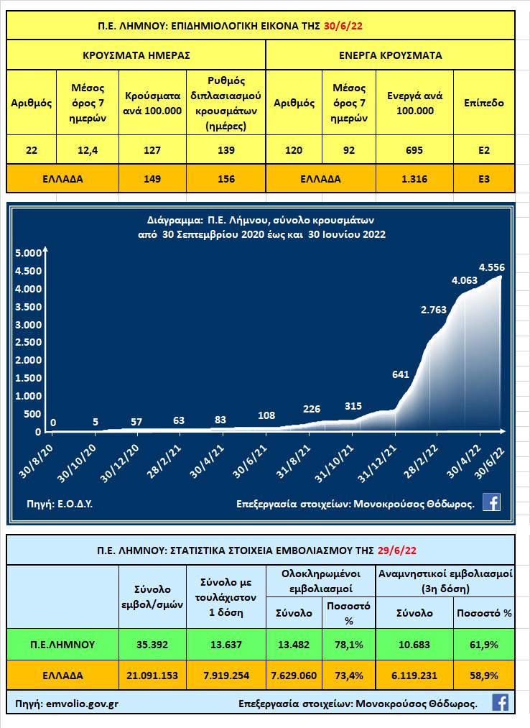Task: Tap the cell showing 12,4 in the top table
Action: [x=88, y=150]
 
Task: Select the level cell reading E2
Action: [x=484, y=150]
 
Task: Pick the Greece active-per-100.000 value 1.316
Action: [x=414, y=179]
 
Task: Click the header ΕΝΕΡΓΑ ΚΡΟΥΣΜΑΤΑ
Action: [x=390, y=55]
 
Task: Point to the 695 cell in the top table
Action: [x=414, y=150]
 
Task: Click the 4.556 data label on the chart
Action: [x=492, y=267]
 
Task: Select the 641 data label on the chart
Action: [x=401, y=374]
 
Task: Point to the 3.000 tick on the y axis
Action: [x=29, y=325]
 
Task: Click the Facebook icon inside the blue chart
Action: [x=491, y=502]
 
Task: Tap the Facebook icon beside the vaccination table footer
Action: [x=501, y=702]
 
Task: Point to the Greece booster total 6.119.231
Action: [x=414, y=676]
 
